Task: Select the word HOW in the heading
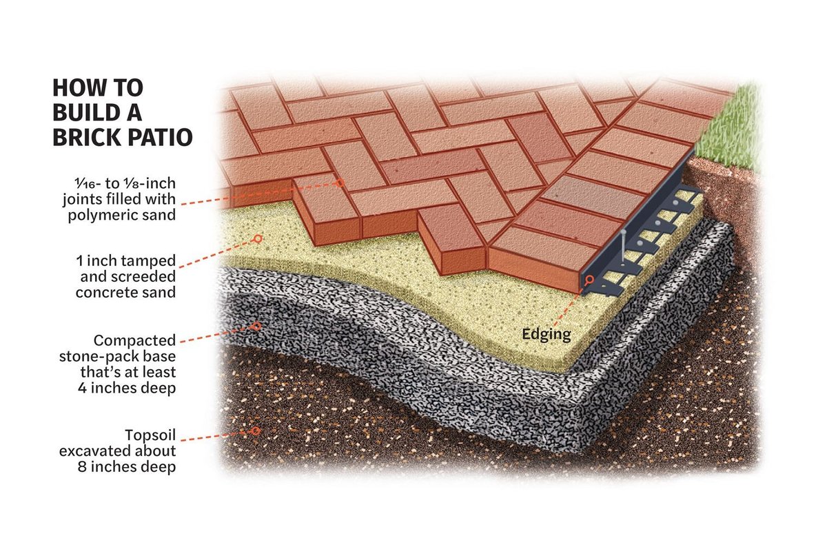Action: pos(76,88)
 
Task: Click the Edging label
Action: pos(547,335)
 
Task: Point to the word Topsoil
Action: pos(150,435)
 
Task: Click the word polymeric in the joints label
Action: pos(99,216)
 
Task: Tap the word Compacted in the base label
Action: pos(134,341)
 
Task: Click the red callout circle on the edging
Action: pos(590,280)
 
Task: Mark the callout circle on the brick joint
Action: pos(340,183)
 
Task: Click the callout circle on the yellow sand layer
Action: pos(258,239)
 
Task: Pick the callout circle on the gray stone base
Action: pos(256,326)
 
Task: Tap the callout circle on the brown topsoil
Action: pos(256,430)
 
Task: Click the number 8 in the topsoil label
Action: pos(82,467)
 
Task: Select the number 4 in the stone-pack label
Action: pos(82,388)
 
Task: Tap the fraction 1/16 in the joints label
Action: pos(85,183)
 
